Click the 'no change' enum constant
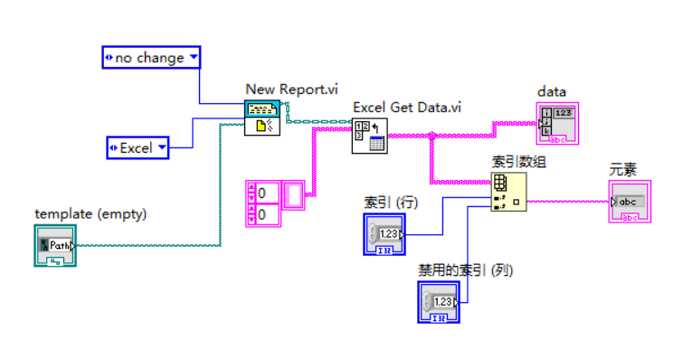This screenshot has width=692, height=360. [151, 58]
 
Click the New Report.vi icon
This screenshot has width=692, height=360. [263, 118]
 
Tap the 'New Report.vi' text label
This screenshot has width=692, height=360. [291, 89]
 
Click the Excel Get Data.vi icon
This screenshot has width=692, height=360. [369, 135]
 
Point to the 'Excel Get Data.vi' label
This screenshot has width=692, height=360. [407, 107]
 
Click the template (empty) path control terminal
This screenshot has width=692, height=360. [55, 245]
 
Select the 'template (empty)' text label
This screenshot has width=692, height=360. [90, 213]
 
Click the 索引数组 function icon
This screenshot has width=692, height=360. [507, 192]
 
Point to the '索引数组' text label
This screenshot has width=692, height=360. [518, 161]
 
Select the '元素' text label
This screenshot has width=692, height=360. [624, 169]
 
